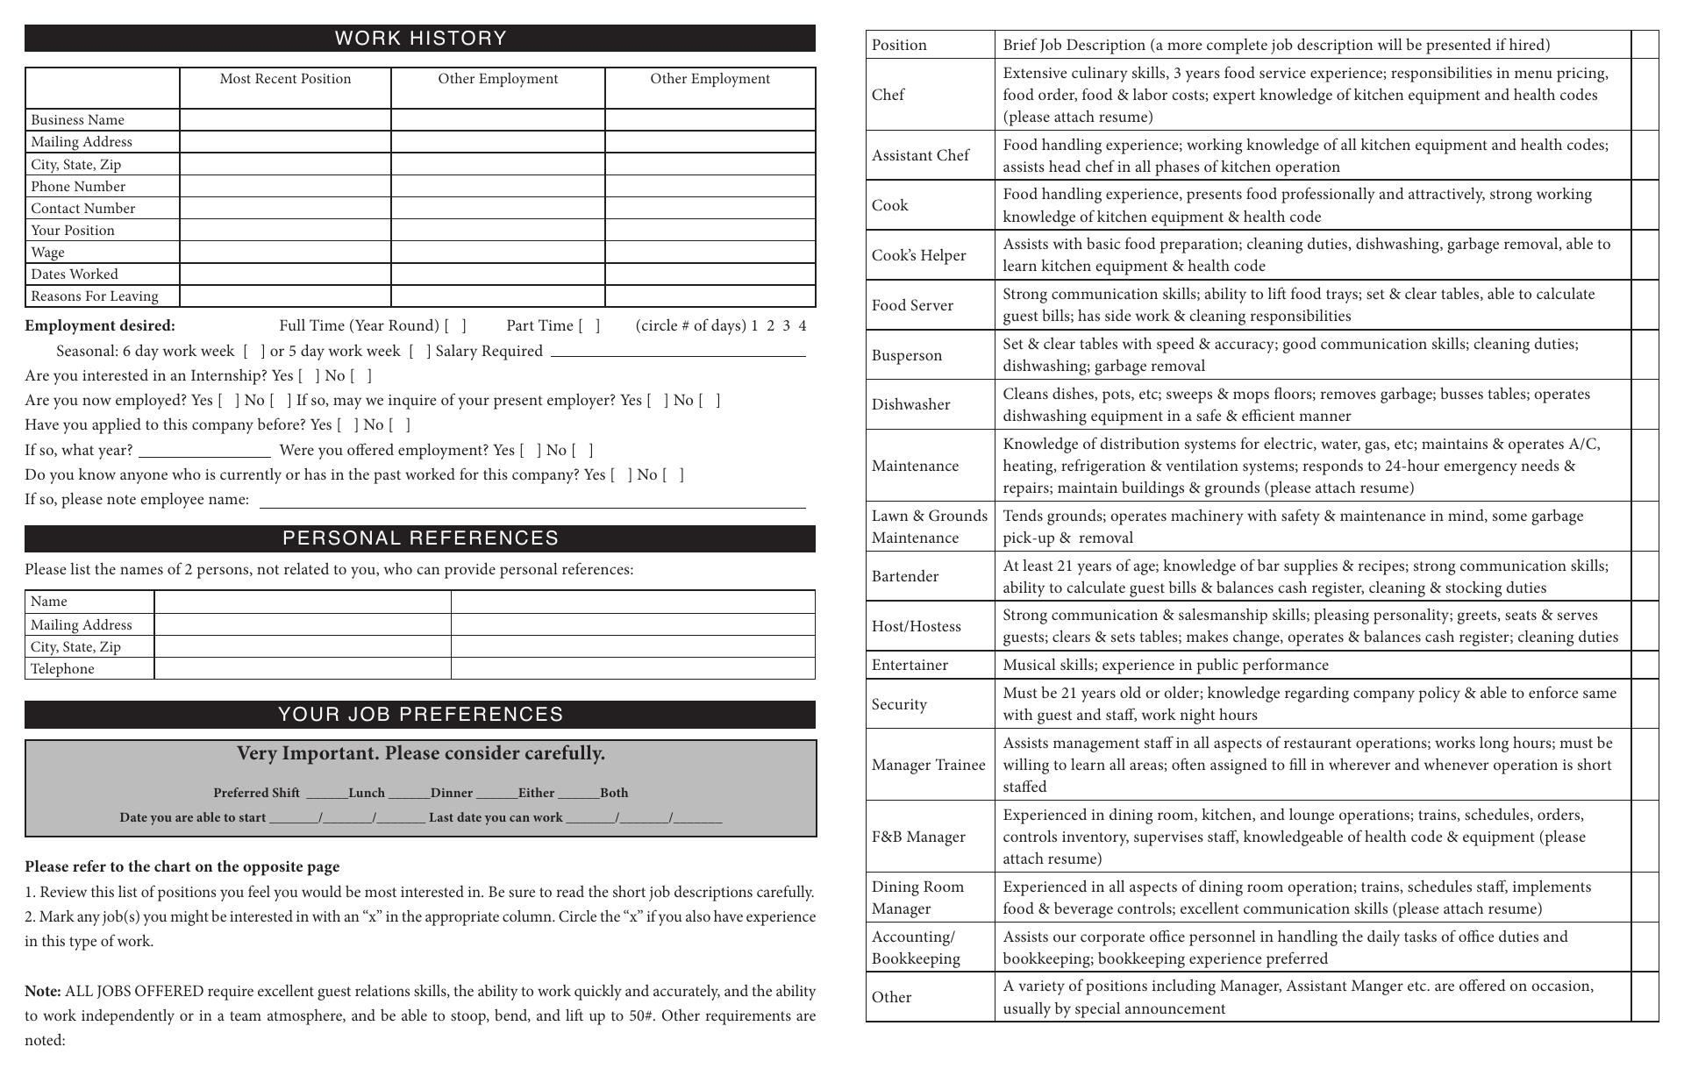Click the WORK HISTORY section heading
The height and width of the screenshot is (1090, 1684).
pyautogui.click(x=420, y=39)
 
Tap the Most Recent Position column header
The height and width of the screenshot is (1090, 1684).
pyautogui.click(x=285, y=79)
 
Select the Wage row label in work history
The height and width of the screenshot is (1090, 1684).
pyautogui.click(x=48, y=253)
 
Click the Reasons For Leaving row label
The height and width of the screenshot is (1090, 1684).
pyautogui.click(x=95, y=296)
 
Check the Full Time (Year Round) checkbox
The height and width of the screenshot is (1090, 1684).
pyautogui.click(x=455, y=326)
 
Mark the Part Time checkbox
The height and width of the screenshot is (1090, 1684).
pyautogui.click(x=589, y=326)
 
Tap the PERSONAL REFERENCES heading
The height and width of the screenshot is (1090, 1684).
pyautogui.click(x=420, y=538)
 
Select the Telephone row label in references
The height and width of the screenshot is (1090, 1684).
pyautogui.click(x=62, y=669)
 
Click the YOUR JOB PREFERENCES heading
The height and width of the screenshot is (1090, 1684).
pyautogui.click(x=420, y=715)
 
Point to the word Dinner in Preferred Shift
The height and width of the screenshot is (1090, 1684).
pyautogui.click(x=452, y=794)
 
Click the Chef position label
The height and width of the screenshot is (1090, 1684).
pyautogui.click(x=888, y=95)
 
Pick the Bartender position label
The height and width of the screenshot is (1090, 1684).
pyautogui.click(x=905, y=576)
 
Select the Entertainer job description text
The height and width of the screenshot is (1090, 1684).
pyautogui.click(x=1166, y=665)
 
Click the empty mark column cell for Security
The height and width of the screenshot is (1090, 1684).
pyautogui.click(x=1645, y=704)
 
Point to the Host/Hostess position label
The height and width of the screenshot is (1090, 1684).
pyautogui.click(x=916, y=626)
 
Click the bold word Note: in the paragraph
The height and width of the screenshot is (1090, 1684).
pyautogui.click(x=42, y=992)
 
